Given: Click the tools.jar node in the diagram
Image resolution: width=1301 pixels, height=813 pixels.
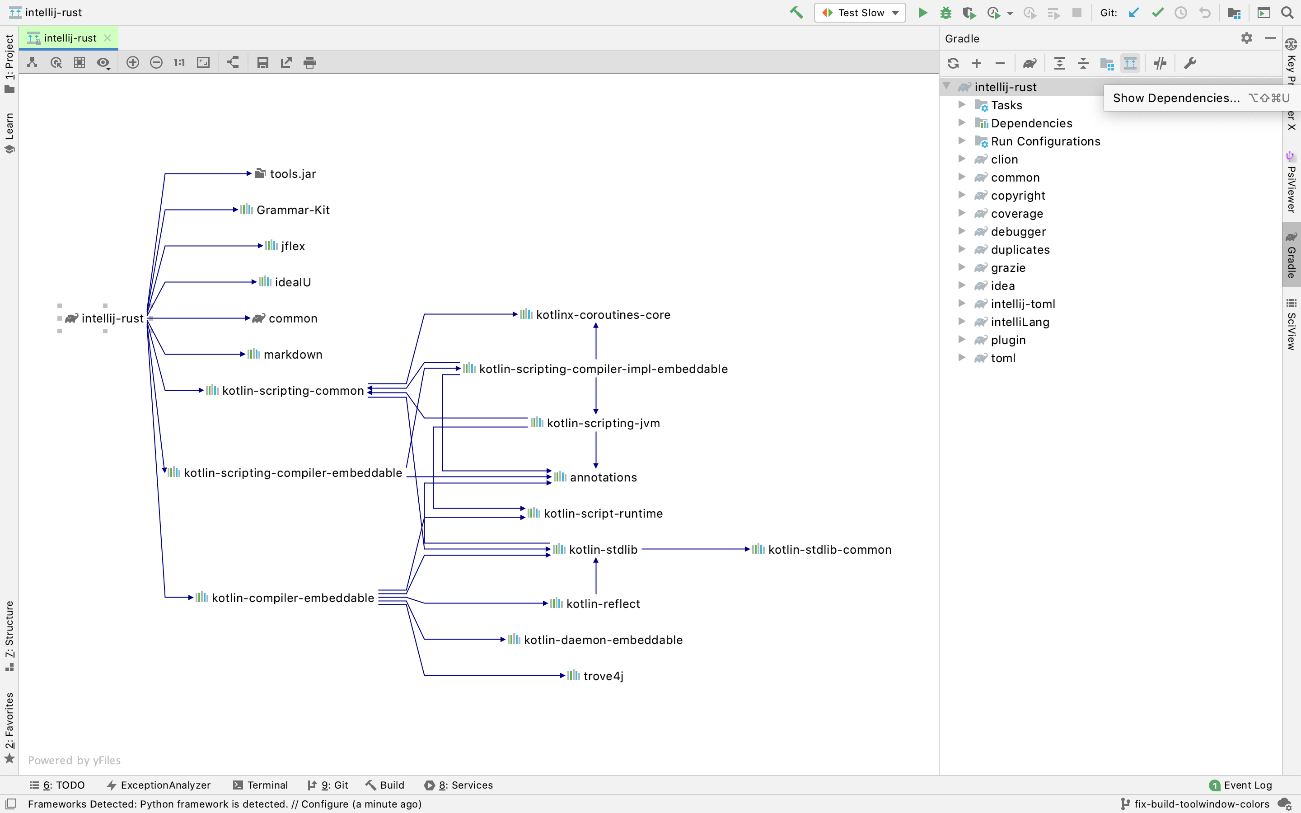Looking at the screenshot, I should (x=292, y=174).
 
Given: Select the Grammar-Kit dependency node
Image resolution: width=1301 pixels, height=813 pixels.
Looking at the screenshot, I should (x=292, y=210).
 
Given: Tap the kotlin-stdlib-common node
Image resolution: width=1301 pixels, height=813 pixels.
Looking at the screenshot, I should (x=828, y=550).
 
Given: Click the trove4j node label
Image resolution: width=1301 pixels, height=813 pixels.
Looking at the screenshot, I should (x=603, y=676).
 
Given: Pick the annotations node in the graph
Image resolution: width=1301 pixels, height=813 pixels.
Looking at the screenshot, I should (x=602, y=477).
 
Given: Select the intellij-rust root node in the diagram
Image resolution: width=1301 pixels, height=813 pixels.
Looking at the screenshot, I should (x=112, y=318).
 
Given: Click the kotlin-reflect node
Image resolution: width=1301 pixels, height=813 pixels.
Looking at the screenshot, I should (x=602, y=604).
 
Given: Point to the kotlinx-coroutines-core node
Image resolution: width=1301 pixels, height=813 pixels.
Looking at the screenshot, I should (x=602, y=314).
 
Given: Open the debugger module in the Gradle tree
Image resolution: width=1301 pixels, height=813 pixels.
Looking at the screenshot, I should (x=1018, y=232).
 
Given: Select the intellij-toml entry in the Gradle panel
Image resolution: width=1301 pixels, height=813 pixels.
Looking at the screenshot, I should (x=1023, y=304).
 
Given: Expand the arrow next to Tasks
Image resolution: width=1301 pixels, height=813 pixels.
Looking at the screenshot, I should (x=962, y=105).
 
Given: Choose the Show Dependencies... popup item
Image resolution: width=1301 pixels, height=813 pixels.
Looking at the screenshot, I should (x=1176, y=98).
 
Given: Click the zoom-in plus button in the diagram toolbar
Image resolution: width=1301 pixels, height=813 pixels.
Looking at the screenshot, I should (x=133, y=63).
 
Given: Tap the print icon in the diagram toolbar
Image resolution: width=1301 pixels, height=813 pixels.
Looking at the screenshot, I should (x=309, y=63).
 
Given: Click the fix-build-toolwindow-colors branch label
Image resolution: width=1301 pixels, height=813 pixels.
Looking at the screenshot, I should (x=1201, y=804).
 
